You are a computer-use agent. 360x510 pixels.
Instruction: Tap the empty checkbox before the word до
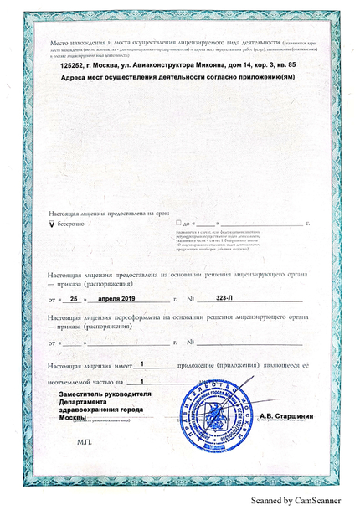coord(177,224)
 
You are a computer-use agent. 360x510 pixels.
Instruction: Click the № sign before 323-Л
coord(191,298)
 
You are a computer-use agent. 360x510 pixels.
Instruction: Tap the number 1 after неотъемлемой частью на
coord(153,380)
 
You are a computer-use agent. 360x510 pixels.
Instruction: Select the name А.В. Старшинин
coord(288,416)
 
